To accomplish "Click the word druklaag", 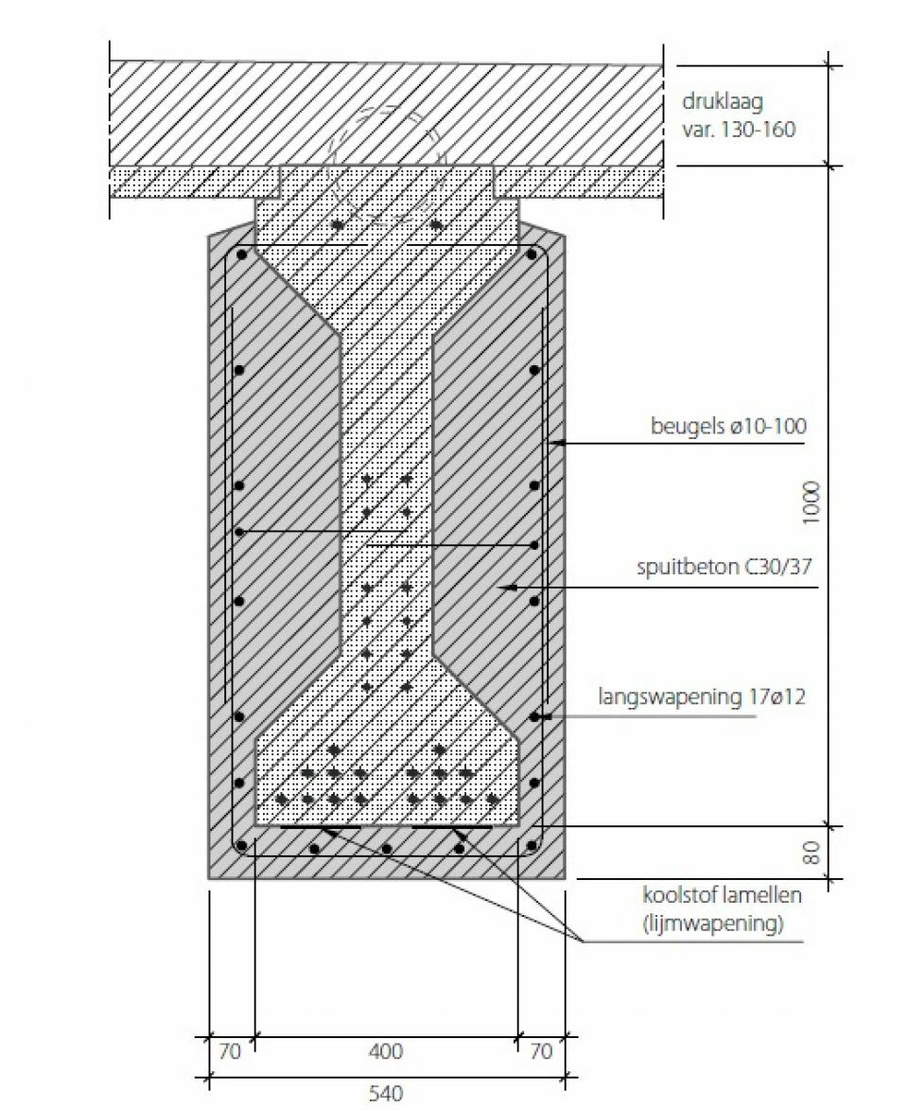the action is coord(723,102).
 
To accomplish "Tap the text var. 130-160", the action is coord(739,130).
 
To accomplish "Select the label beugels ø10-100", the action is coord(728,426).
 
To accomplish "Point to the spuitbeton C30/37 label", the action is coord(724,567).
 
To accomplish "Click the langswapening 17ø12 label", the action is coord(702,696).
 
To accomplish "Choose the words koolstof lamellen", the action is coord(722,895).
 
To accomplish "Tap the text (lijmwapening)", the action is coord(713,924).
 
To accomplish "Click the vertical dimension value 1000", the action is coord(812,502).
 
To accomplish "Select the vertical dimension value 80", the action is coord(812,853).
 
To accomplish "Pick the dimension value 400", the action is coord(386,1051).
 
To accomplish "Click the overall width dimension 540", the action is coord(386,1094).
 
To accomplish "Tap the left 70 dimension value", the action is coord(229,1051).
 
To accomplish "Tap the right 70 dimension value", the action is coord(541,1051).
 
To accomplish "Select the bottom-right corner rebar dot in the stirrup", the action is coord(532,845).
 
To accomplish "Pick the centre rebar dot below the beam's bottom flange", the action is coord(387,848).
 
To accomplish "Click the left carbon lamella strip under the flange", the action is coord(321,827).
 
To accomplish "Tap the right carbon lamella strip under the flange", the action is coord(451,827).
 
